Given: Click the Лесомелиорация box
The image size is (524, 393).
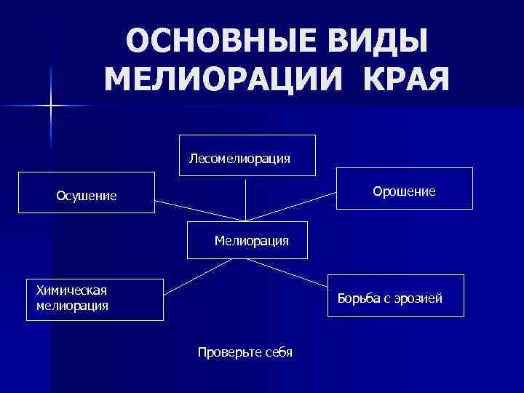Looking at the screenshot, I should click(x=247, y=156).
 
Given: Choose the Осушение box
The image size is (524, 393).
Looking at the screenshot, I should click(x=86, y=193).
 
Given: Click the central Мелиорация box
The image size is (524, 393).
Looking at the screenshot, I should click(x=247, y=239).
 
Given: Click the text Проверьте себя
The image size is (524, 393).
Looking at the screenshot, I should click(x=245, y=352).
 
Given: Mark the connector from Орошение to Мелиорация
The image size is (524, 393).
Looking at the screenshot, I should click(x=291, y=208).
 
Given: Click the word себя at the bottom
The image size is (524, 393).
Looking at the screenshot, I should click(x=277, y=352).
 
